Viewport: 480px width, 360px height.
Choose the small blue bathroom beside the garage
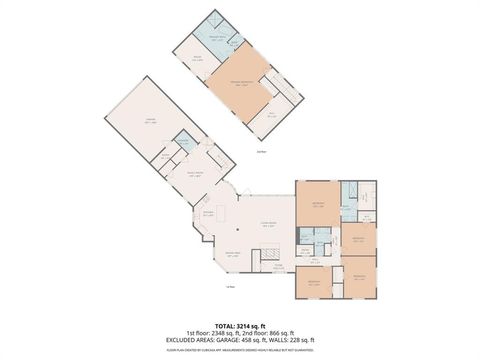pos(183,144)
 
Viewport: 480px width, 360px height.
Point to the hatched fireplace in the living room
pos(270,258)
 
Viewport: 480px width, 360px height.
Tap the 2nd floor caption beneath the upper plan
pos(260,152)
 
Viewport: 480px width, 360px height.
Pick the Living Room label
pos(268,225)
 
